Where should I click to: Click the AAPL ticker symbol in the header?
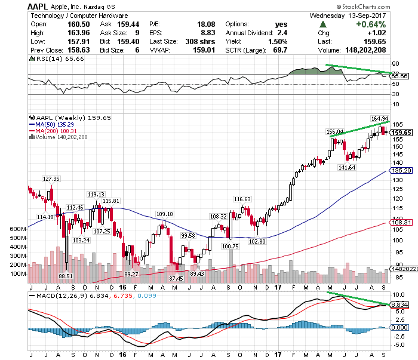(39, 6)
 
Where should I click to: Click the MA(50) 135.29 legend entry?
(57, 124)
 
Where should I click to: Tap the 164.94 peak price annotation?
(380, 118)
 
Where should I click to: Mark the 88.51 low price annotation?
(66, 276)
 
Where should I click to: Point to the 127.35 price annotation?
(51, 179)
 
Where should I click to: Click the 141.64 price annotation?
(346, 168)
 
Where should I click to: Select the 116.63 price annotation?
(241, 199)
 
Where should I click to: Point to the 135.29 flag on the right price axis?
(399, 170)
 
